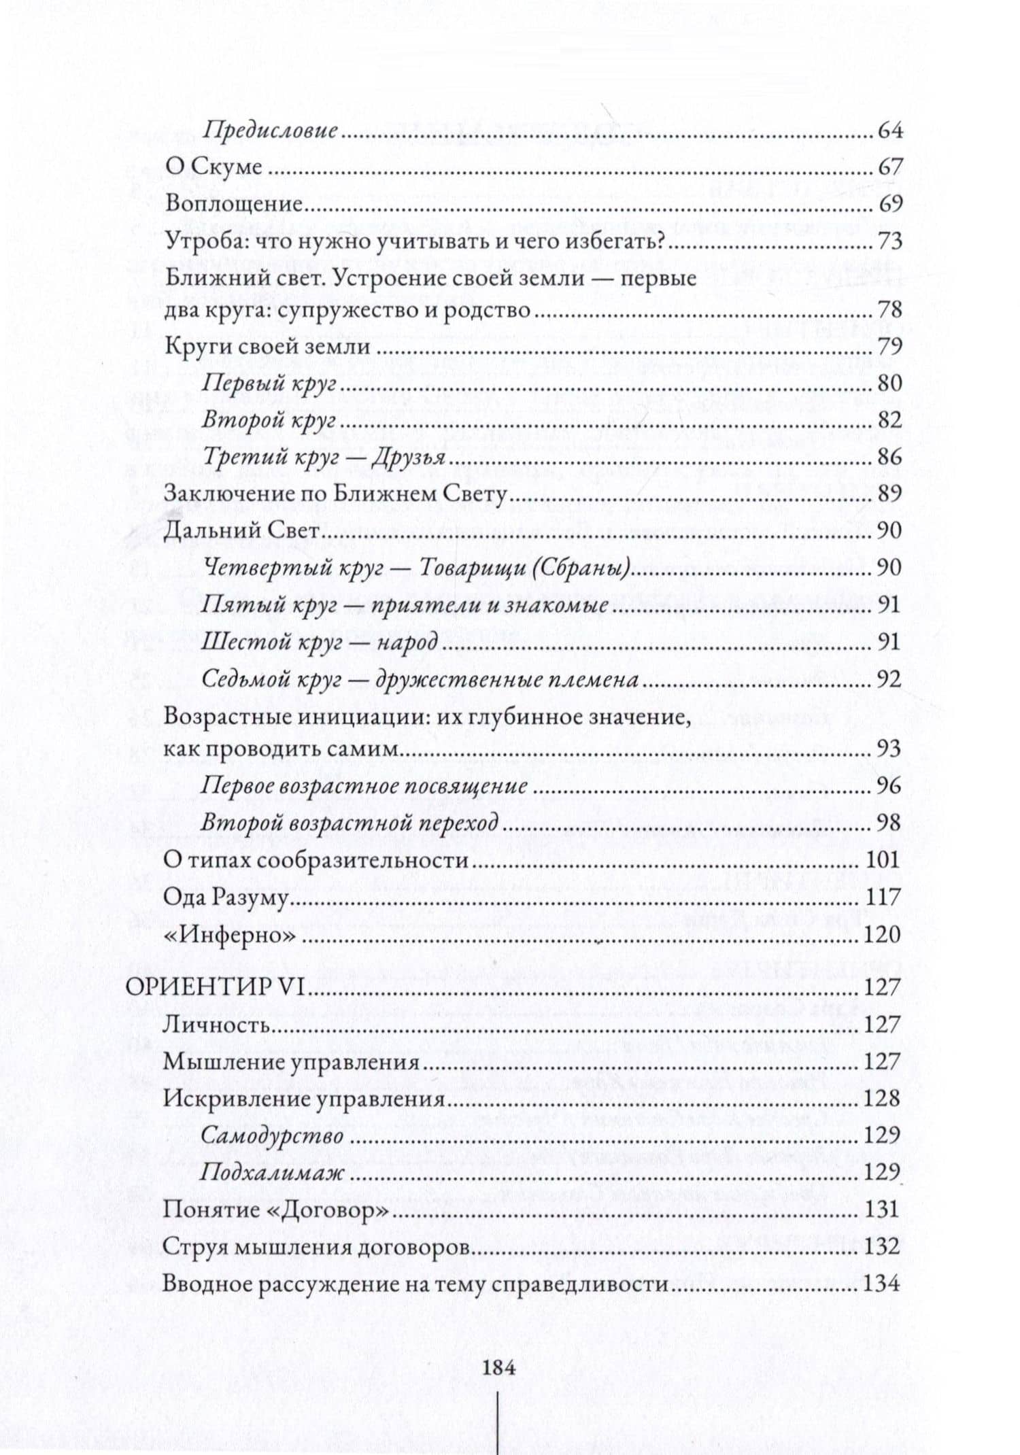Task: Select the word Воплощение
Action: point(233,204)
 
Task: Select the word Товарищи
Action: point(466,567)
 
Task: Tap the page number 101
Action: point(883,860)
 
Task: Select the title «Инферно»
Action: point(231,935)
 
